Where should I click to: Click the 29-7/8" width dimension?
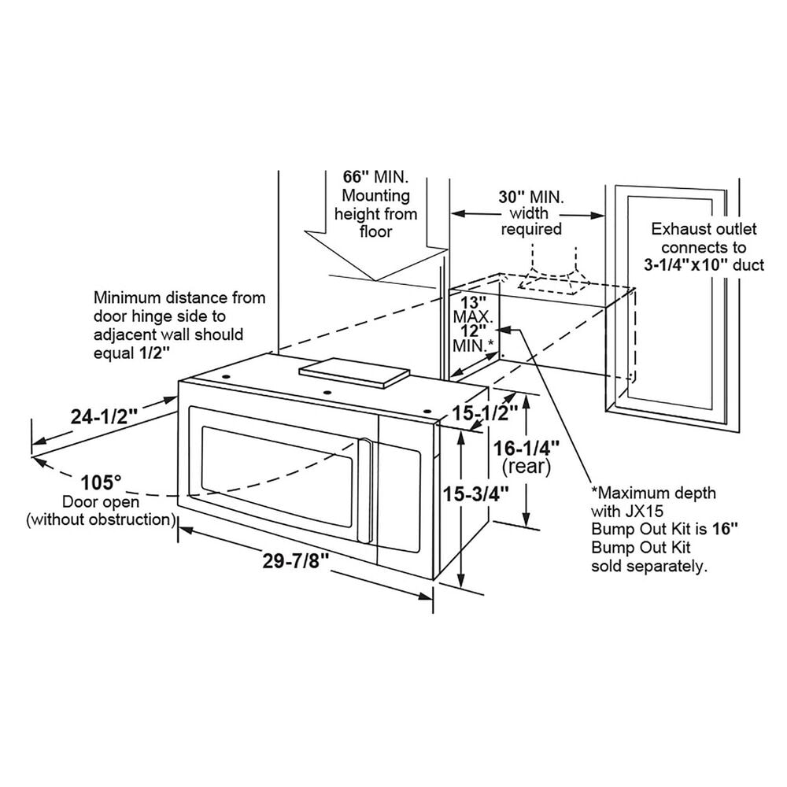click(295, 561)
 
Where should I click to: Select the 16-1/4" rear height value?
click(527, 448)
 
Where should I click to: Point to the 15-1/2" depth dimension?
click(486, 411)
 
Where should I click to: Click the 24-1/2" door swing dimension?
click(104, 416)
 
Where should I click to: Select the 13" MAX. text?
click(473, 310)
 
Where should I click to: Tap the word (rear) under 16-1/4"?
click(526, 467)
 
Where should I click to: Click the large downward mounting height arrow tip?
click(376, 281)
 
